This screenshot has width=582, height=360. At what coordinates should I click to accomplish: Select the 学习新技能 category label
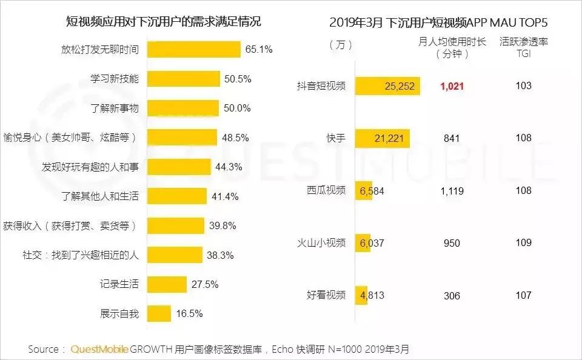tap(115, 79)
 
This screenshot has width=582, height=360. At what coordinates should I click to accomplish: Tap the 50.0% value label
tap(237, 108)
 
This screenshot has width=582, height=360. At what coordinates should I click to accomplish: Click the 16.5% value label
tap(189, 313)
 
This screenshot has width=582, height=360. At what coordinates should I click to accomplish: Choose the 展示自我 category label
tap(119, 313)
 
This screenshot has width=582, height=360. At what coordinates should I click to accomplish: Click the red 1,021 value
tap(452, 86)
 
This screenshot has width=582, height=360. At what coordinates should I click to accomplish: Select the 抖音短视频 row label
tap(322, 86)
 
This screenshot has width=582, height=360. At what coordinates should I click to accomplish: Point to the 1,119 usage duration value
tap(452, 191)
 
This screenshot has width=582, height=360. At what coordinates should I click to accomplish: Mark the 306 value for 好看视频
tap(452, 296)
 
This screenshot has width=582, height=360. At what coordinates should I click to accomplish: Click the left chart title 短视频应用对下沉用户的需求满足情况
tap(164, 22)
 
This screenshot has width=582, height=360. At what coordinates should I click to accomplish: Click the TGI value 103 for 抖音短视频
tap(523, 86)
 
